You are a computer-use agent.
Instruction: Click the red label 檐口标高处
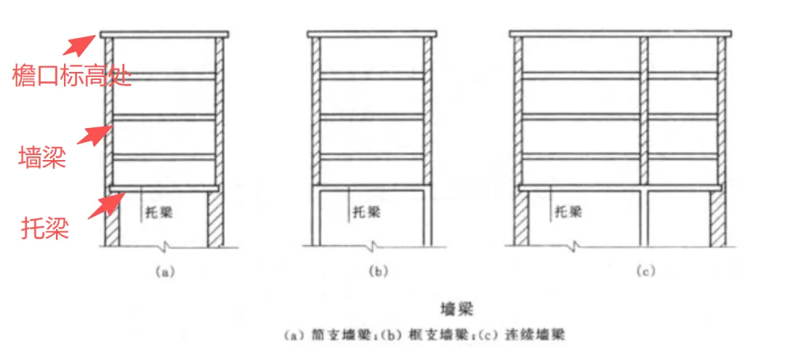tap(72, 76)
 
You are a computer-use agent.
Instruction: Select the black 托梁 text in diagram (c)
tap(568, 212)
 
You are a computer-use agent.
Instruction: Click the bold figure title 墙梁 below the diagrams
tap(456, 309)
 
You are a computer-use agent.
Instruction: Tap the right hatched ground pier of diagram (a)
tap(216, 218)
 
